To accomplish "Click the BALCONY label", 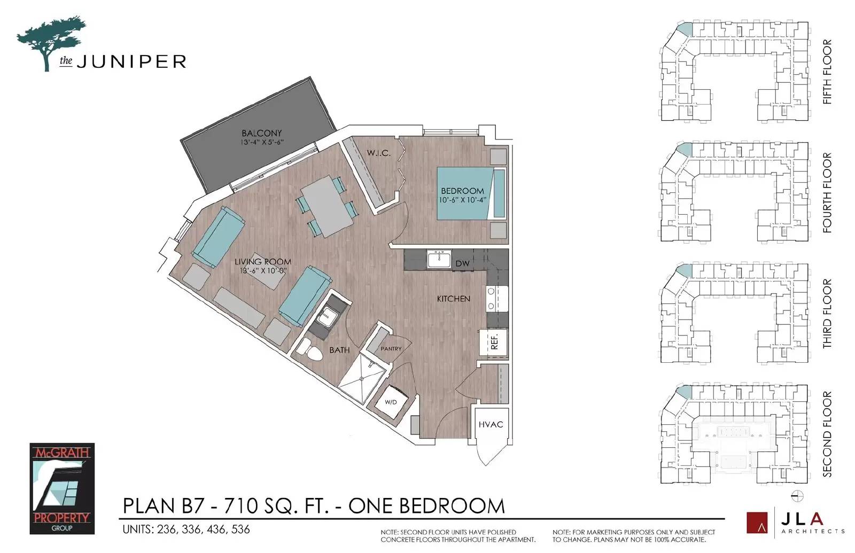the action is coord(261,133).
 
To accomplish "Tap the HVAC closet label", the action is coord(491,424).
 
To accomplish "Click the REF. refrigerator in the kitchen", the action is coord(494,341).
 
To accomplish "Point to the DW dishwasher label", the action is coord(462,263).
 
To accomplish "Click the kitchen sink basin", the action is coord(439,260).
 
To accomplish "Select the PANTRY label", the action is coord(391,348).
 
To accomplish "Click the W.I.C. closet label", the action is coord(379,153).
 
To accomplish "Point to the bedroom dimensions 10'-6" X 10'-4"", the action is coord(463,200).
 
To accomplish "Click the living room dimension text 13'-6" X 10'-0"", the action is coord(263,270).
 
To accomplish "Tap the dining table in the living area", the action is coord(327,206).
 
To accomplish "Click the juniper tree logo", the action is coord(51,43).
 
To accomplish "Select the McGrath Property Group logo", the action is coord(62,488).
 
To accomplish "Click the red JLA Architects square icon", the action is coord(757,522).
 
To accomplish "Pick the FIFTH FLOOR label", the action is coord(827,72).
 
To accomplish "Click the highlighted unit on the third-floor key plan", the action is coord(685,271).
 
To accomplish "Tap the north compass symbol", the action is coord(797,496).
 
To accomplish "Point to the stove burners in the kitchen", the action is coord(491,299).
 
